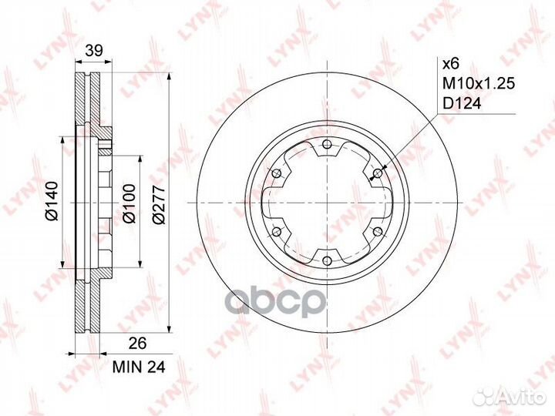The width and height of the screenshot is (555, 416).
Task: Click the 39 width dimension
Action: point(93,51)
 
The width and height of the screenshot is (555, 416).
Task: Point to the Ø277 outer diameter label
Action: point(160,203)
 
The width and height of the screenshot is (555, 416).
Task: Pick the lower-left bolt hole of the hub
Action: point(275,233)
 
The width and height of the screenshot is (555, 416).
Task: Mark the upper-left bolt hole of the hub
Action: point(275,175)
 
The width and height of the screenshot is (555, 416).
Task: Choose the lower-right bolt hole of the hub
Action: point(377,233)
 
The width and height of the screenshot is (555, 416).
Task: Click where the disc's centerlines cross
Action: point(326,204)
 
